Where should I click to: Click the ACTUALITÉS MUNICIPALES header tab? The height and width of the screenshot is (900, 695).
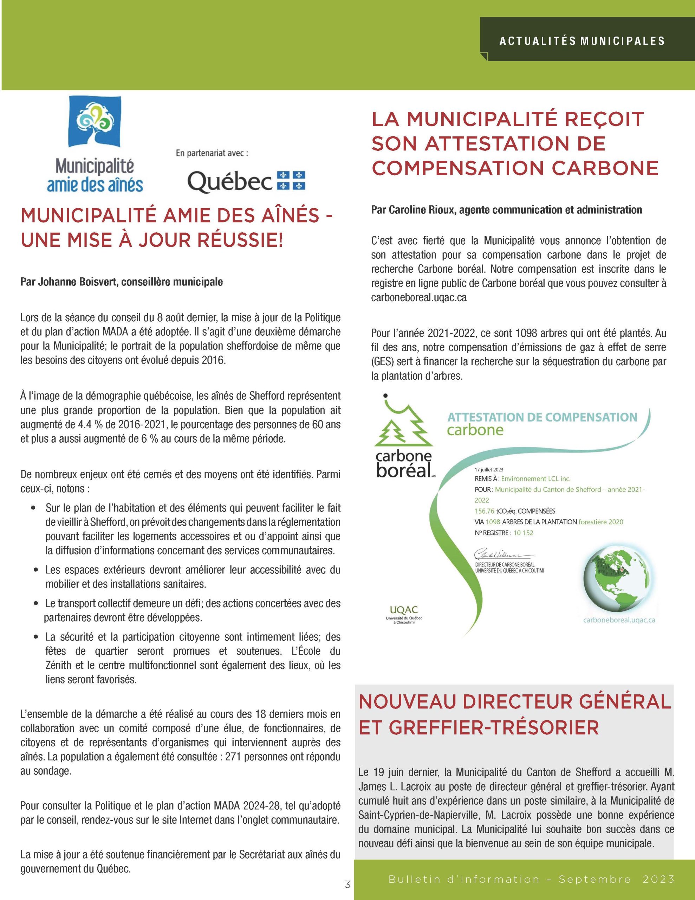pyautogui.click(x=582, y=41)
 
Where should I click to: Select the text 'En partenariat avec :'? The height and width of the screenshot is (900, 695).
pyautogui.click(x=212, y=153)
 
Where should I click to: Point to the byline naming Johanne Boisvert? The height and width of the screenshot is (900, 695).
pyautogui.click(x=122, y=282)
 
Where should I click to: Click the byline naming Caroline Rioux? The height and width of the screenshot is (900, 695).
pyautogui.click(x=506, y=210)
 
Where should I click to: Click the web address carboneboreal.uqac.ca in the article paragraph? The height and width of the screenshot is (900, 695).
pyautogui.click(x=418, y=297)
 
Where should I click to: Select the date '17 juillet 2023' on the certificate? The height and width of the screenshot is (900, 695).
pyautogui.click(x=489, y=470)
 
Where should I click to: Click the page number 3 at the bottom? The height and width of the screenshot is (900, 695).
pyautogui.click(x=347, y=884)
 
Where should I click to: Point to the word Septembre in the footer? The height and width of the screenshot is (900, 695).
pyautogui.click(x=595, y=878)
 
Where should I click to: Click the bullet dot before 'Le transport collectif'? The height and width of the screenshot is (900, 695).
pyautogui.click(x=36, y=604)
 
